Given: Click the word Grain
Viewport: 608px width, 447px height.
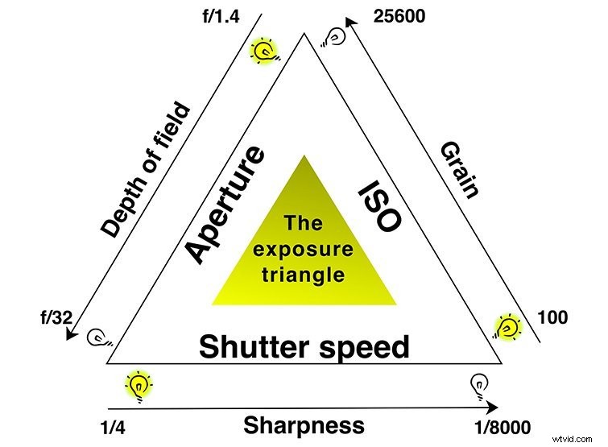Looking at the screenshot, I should (460, 169).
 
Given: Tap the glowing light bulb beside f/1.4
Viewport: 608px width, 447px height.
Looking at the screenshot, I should (264, 52).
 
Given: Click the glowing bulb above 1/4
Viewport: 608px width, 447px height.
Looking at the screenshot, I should (139, 386).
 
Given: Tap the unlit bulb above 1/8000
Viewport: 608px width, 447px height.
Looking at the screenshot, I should (477, 387).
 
